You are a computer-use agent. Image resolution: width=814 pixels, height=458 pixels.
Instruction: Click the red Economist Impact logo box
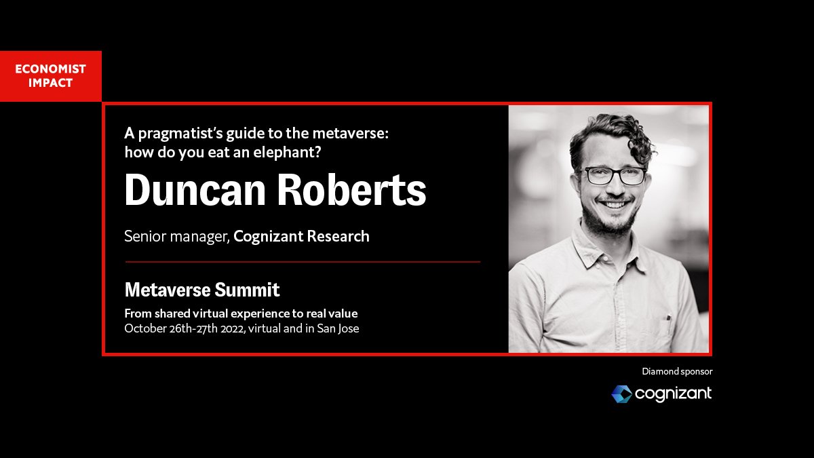51,76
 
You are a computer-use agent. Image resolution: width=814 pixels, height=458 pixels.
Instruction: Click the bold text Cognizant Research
301,237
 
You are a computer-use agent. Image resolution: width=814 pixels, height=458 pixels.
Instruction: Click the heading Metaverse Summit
202,290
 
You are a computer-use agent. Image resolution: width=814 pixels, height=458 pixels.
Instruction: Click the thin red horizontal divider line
303,261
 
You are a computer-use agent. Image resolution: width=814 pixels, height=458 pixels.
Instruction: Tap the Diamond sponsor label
677,371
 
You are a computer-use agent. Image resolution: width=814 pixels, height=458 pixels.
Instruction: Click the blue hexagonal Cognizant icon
621,394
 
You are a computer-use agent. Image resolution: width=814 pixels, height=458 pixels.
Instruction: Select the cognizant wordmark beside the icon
673,394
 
